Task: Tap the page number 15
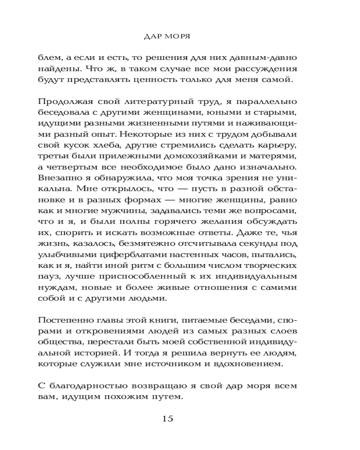coord(167,419)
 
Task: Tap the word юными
coord(235,113)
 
